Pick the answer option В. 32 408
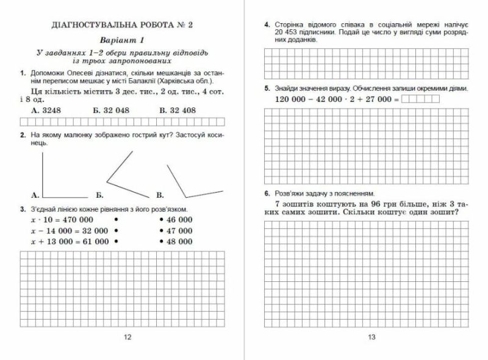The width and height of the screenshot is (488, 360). click(x=177, y=110)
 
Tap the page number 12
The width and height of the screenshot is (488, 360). click(x=127, y=337)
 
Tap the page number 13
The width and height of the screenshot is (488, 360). click(x=372, y=337)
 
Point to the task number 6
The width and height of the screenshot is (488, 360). click(x=267, y=193)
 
